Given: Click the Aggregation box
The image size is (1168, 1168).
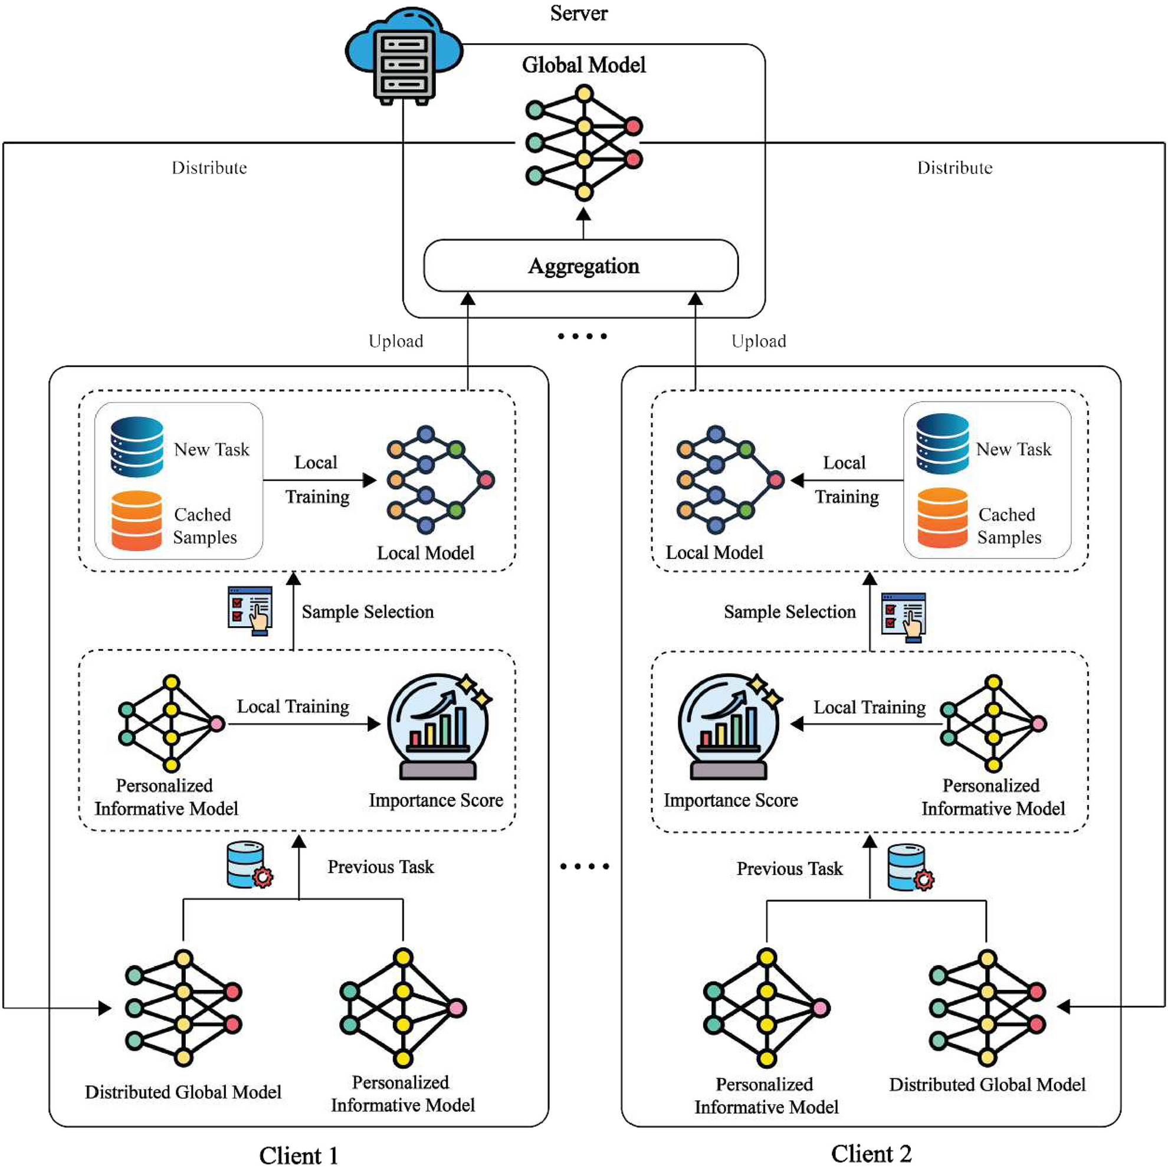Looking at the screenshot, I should pyautogui.click(x=581, y=266).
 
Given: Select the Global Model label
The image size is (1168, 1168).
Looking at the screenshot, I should pyautogui.click(x=583, y=65).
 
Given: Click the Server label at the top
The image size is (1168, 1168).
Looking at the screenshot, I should pyautogui.click(x=579, y=14).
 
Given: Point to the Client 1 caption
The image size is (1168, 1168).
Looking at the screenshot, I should pyautogui.click(x=298, y=1154).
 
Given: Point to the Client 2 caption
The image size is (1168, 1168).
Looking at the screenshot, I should pyautogui.click(x=871, y=1153).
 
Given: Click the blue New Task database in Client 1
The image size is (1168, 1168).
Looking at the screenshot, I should pyautogui.click(x=137, y=447).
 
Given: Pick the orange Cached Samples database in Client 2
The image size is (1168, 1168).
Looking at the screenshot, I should pyautogui.click(x=942, y=518).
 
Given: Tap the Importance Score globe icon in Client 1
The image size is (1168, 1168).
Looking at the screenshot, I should pyautogui.click(x=438, y=727).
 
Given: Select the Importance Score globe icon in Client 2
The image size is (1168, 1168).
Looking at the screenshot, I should pyautogui.click(x=729, y=727).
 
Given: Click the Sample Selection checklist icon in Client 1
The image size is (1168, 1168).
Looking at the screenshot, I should pyautogui.click(x=250, y=610).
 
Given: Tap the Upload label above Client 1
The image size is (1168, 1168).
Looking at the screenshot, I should pyautogui.click(x=395, y=341).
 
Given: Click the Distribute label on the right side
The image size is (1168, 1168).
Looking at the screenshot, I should pyautogui.click(x=954, y=168).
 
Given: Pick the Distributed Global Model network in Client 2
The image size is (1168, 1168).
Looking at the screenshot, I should pyautogui.click(x=987, y=1007).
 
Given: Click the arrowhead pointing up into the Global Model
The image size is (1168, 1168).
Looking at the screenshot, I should pyautogui.click(x=583, y=215).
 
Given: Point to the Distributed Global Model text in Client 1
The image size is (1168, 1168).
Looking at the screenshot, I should pyautogui.click(x=183, y=1092).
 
